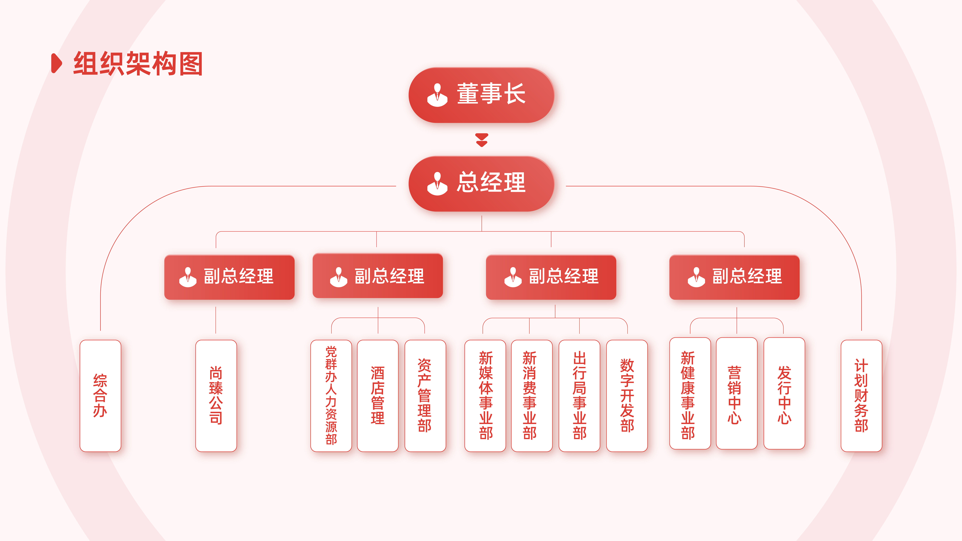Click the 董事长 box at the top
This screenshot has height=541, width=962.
[x=481, y=95]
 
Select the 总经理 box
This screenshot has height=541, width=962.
[x=481, y=184]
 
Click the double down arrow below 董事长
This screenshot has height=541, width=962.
[x=482, y=140]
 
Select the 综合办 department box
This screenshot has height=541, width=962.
[x=100, y=396]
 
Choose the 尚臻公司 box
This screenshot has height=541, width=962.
[x=216, y=396]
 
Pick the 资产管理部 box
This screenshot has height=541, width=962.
[x=425, y=396]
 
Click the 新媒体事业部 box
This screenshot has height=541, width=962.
[x=485, y=396]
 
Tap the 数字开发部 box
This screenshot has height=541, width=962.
[x=627, y=396]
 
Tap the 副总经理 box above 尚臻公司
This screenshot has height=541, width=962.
[x=229, y=277]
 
